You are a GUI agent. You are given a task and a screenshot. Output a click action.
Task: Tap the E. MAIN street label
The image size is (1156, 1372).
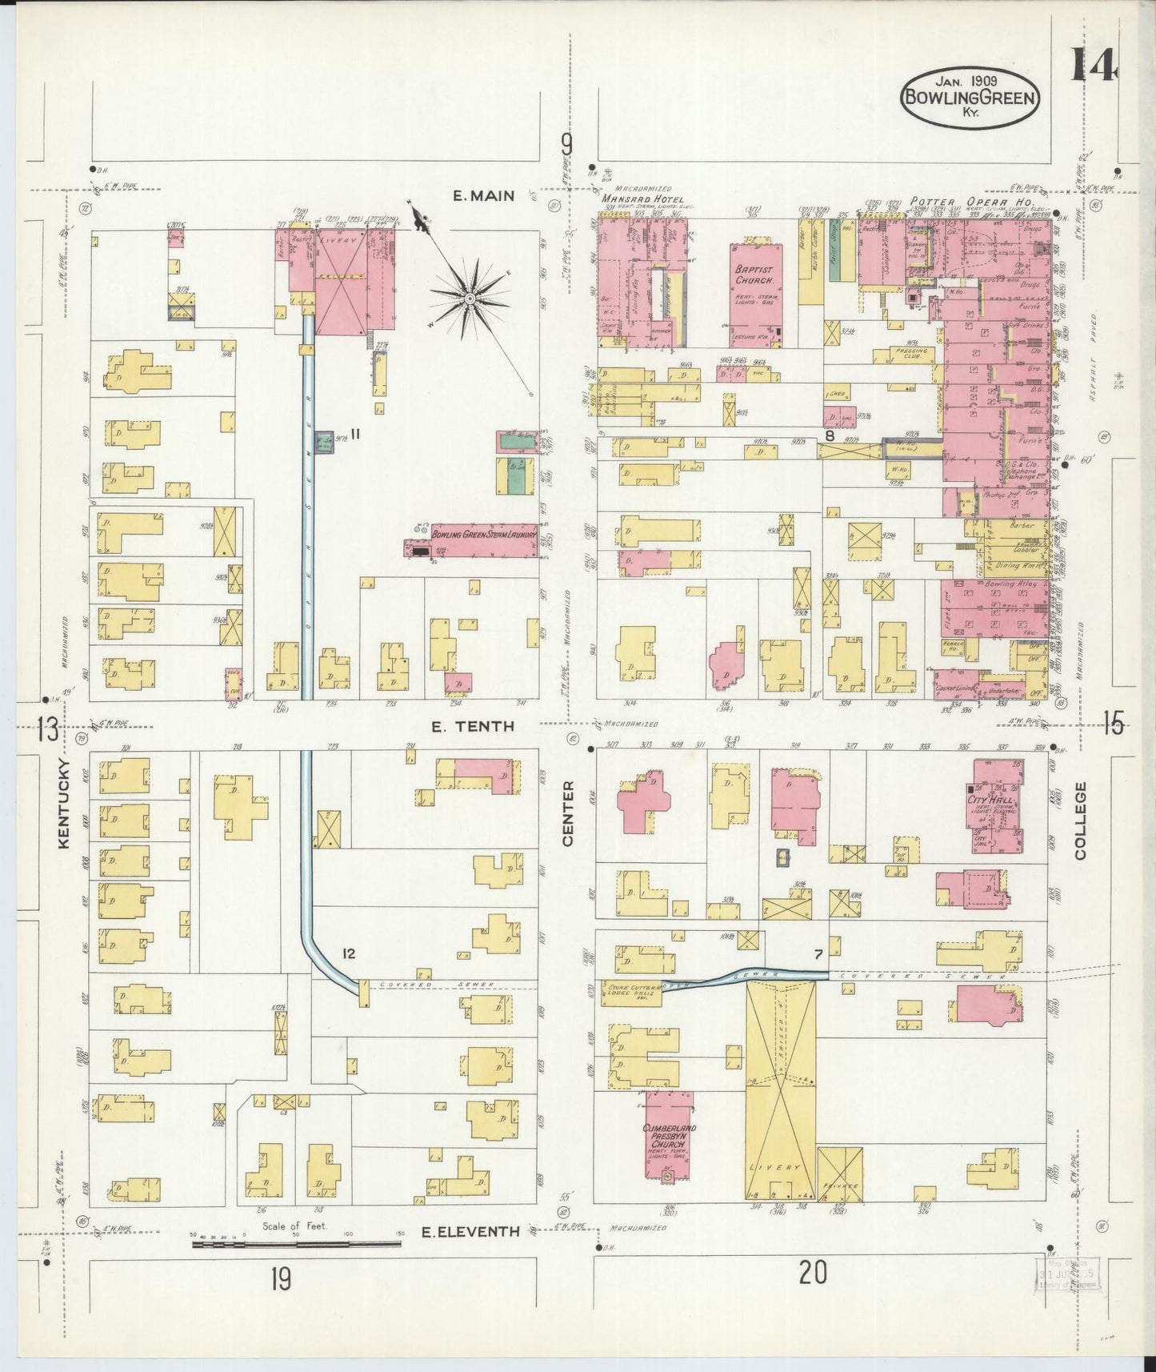(x=482, y=195)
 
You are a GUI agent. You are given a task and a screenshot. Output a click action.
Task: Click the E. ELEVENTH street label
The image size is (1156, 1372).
(x=470, y=1255)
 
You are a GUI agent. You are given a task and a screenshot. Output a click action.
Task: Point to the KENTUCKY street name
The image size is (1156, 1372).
(x=66, y=804)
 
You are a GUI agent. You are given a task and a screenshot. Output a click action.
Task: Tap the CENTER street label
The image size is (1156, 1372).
(x=568, y=813)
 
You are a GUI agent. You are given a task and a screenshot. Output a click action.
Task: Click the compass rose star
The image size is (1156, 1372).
(x=470, y=299)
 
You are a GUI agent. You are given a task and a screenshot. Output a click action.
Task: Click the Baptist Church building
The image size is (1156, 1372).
(x=754, y=295)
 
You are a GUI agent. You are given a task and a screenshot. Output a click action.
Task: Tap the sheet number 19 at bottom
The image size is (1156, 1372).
(x=280, y=1303)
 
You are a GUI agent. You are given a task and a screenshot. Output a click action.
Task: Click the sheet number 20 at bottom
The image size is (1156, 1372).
(x=812, y=1294)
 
